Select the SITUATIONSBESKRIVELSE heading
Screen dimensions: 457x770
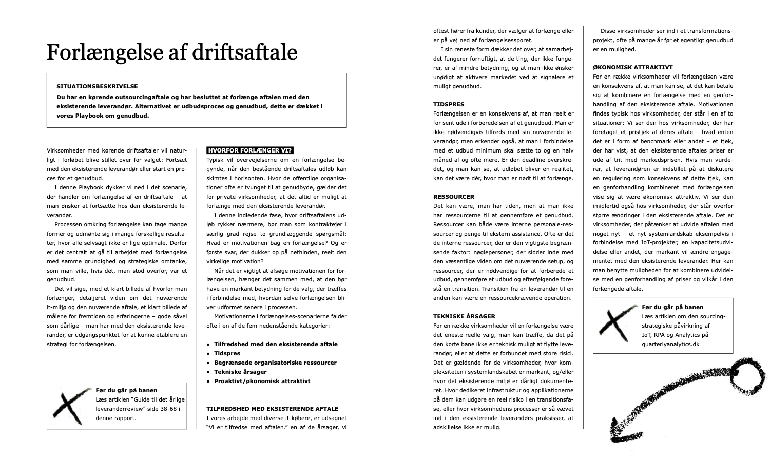[x=97, y=87]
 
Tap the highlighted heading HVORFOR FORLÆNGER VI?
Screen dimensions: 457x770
[x=249, y=150]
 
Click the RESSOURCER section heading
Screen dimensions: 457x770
[x=454, y=197]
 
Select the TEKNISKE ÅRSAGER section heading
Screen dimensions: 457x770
[x=464, y=316]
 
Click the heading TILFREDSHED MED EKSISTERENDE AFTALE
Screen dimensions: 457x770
[x=272, y=409]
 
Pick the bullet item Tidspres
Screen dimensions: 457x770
[x=227, y=353]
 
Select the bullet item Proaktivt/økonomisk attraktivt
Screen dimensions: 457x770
[x=262, y=381]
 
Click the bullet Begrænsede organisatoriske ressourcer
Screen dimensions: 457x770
[x=275, y=363]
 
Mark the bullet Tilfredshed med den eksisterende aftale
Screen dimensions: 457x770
[x=276, y=344]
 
